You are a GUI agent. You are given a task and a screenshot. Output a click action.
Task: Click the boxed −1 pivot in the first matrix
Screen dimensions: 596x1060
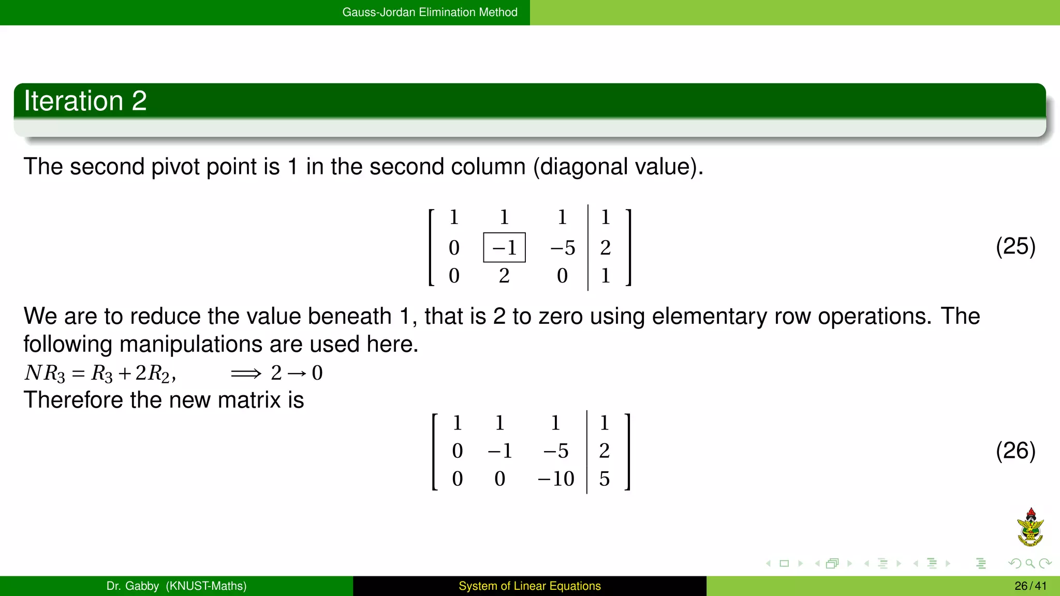click(x=504, y=248)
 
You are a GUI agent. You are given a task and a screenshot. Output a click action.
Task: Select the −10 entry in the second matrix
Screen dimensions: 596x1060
click(x=556, y=479)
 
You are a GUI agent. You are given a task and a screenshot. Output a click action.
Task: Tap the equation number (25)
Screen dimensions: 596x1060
click(x=1015, y=246)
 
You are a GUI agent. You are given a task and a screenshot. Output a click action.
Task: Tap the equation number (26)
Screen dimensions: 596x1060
click(x=1015, y=451)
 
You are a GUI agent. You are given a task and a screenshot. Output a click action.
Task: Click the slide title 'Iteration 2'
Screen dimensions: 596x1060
click(x=85, y=100)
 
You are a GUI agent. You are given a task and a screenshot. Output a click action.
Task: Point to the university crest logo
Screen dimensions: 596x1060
click(x=1030, y=527)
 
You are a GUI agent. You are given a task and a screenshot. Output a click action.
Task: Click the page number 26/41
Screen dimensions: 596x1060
click(x=1030, y=586)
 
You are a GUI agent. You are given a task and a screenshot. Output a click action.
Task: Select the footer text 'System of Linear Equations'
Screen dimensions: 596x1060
click(x=529, y=586)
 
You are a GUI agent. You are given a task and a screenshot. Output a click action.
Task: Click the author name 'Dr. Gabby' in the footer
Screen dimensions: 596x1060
click(x=132, y=586)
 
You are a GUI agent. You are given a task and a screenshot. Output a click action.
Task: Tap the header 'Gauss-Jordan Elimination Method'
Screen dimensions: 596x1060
click(x=430, y=12)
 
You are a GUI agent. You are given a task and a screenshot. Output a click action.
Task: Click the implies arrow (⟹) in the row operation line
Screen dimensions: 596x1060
click(x=246, y=373)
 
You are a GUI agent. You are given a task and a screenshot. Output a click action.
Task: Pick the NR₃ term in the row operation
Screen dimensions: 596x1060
click(x=45, y=373)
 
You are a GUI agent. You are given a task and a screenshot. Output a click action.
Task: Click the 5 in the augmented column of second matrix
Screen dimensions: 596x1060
click(x=604, y=479)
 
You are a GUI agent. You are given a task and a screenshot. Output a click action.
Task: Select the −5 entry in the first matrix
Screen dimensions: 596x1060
click(x=563, y=248)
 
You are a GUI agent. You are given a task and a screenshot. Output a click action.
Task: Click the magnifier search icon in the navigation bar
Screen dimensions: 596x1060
click(x=1030, y=563)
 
